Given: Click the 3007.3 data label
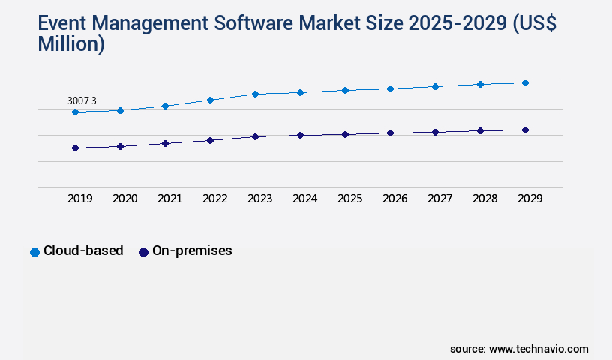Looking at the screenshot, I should (82, 100).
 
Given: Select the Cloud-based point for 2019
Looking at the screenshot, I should (75, 112).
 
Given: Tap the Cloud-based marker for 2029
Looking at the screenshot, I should (525, 82).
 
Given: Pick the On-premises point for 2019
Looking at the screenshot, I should (75, 148).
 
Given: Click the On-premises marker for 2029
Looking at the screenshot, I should (525, 130).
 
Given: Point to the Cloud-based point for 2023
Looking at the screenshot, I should (255, 94).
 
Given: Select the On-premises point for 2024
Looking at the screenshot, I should (300, 136).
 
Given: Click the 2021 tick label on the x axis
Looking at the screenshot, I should (169, 199).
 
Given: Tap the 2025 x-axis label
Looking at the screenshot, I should (349, 199).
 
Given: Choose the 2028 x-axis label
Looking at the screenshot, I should (484, 199).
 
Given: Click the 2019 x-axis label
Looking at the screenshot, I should (79, 199).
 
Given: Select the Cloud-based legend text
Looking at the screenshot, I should (83, 251).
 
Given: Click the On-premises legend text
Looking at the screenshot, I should (192, 251).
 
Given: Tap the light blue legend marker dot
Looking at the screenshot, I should (34, 252).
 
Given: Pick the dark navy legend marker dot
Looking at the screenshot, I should (143, 252).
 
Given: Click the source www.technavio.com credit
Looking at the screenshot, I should (519, 349).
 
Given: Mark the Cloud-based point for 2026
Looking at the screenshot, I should (390, 88).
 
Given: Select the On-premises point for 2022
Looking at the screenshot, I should (210, 140).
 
